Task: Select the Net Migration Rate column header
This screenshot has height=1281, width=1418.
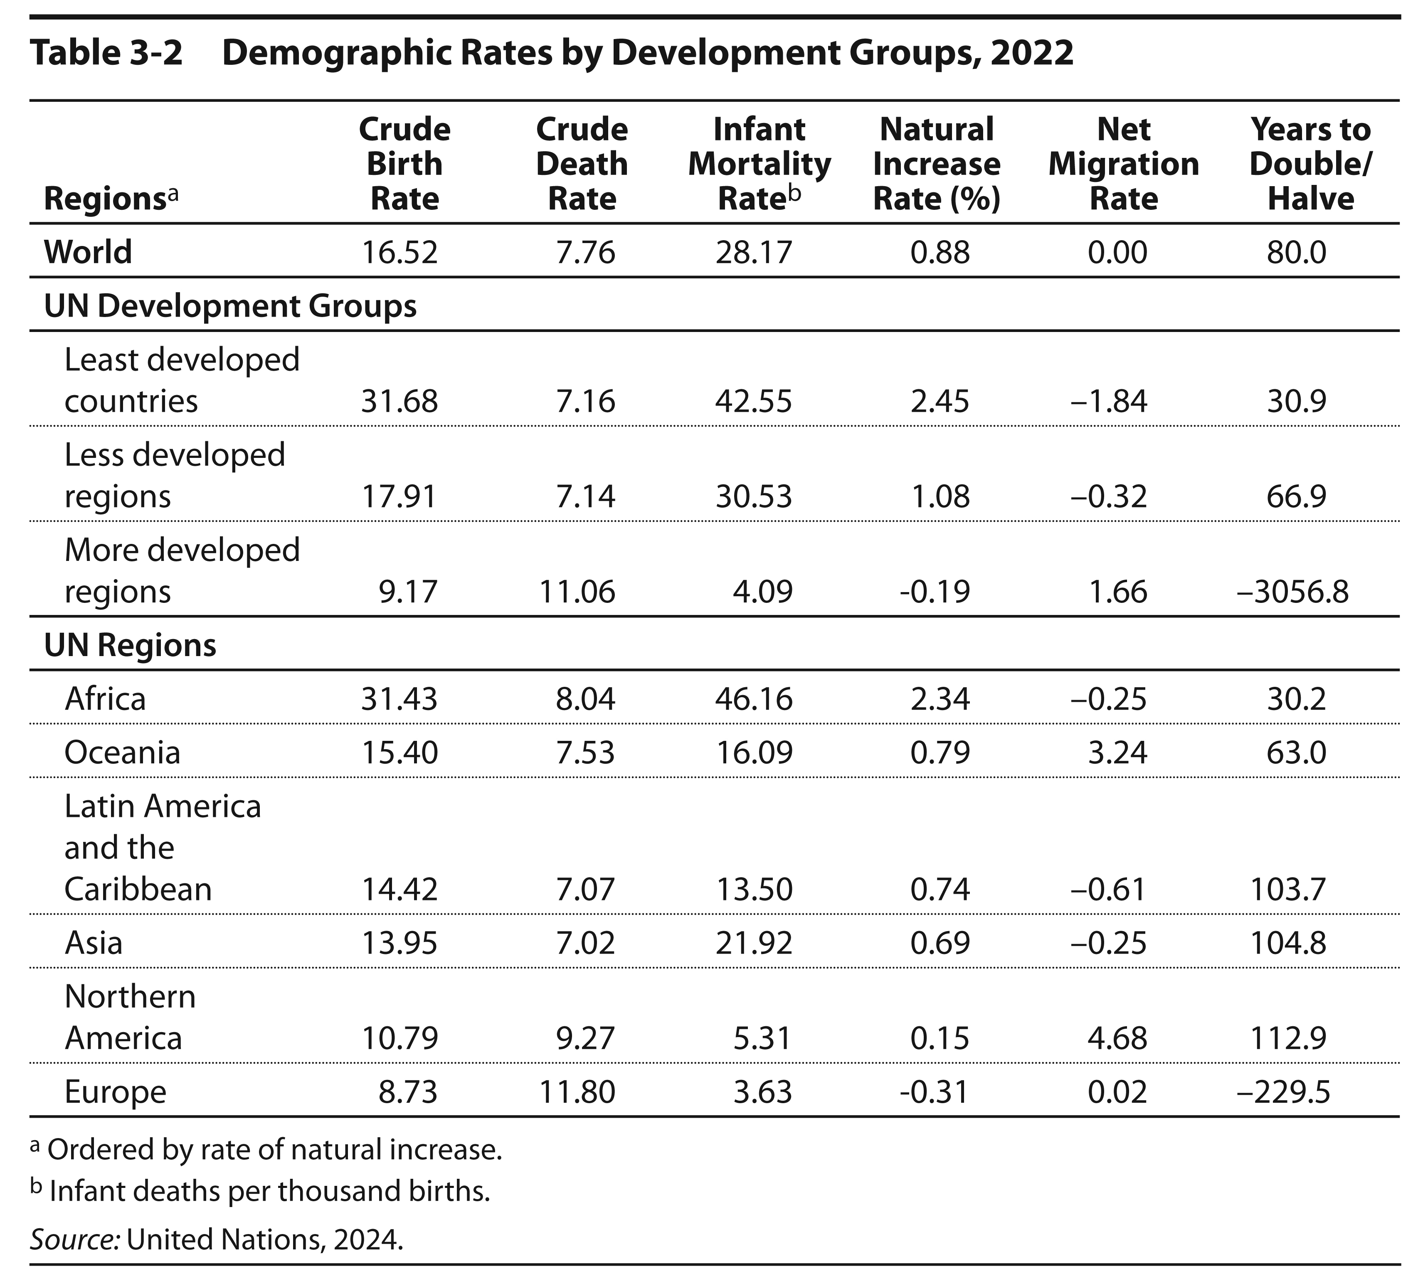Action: click(x=1123, y=164)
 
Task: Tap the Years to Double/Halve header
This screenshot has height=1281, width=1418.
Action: click(x=1310, y=164)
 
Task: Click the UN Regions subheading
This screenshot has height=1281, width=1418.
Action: click(x=130, y=645)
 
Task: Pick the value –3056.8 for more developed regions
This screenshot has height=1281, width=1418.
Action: click(x=1293, y=591)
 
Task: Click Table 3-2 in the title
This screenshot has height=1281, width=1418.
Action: click(x=106, y=53)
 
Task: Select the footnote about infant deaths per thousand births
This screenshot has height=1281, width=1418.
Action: click(x=260, y=1191)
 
